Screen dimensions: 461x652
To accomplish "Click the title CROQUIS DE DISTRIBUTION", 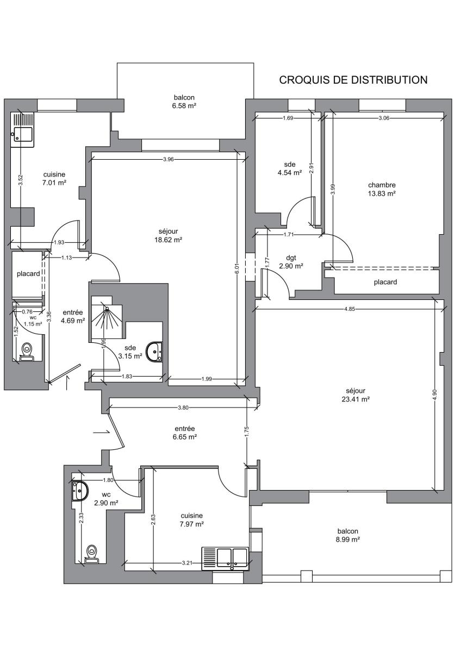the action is [x=353, y=80].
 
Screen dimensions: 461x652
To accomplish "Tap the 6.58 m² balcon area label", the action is [x=184, y=105].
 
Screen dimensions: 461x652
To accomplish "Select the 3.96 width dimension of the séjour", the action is [x=169, y=159].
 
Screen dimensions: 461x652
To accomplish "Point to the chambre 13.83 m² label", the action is [x=382, y=189].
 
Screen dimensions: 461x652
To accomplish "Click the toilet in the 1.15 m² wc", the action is [x=27, y=352].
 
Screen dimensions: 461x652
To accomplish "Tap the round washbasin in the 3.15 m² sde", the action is [x=154, y=352].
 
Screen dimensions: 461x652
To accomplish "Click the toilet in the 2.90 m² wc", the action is [x=92, y=555].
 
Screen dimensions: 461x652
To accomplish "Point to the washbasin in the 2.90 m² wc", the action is [x=80, y=491].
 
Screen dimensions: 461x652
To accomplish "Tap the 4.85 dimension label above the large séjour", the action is [x=350, y=309].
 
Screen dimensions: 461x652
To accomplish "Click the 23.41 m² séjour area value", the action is [x=356, y=399].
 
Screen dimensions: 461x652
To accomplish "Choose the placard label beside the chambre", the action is [x=385, y=282].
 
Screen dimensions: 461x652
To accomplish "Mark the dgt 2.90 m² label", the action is [x=291, y=262].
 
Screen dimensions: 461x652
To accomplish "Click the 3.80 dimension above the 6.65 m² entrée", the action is [x=183, y=408].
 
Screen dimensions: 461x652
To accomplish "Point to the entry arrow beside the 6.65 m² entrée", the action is [x=101, y=432].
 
